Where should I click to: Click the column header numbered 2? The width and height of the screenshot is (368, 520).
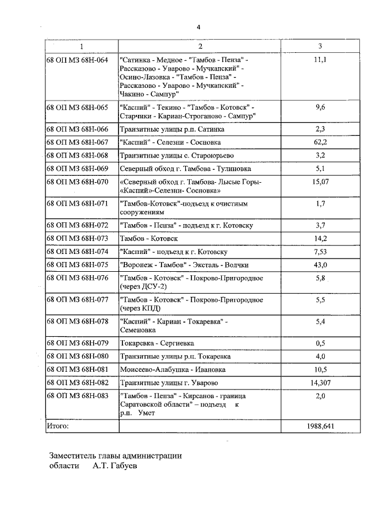[200, 46]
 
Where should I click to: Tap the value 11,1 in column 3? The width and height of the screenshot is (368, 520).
[321, 60]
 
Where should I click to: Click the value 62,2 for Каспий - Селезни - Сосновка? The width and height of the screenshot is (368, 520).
[321, 142]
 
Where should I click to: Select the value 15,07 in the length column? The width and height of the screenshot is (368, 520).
[321, 182]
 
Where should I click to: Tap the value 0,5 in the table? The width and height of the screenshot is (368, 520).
[321, 344]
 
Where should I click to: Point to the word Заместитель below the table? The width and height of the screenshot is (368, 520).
[75, 456]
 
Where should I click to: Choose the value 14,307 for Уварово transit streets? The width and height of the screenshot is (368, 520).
[321, 383]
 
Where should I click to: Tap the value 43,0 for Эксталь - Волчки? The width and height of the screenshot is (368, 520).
[321, 264]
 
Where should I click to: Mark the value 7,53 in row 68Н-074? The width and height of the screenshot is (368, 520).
[321, 251]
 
